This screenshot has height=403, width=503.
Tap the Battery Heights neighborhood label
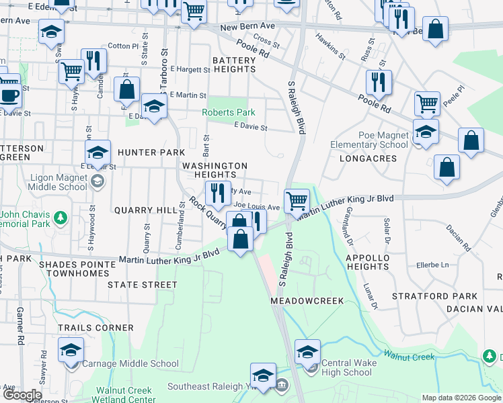(x=235, y=65)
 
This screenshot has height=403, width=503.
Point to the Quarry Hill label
(x=145, y=210)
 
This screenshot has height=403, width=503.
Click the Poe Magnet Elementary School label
(x=369, y=140)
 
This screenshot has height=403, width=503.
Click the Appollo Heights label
(x=367, y=262)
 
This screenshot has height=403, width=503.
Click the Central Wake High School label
(x=346, y=368)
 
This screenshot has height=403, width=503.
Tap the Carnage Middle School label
(x=130, y=364)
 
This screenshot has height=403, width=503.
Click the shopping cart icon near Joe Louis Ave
(x=297, y=199)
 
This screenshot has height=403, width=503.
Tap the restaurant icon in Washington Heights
(x=218, y=193)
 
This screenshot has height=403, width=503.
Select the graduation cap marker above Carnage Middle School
(x=71, y=349)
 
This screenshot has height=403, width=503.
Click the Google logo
(x=22, y=395)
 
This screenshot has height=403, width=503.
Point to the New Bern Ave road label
(x=247, y=26)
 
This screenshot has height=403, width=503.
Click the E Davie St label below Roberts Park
(x=250, y=127)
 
